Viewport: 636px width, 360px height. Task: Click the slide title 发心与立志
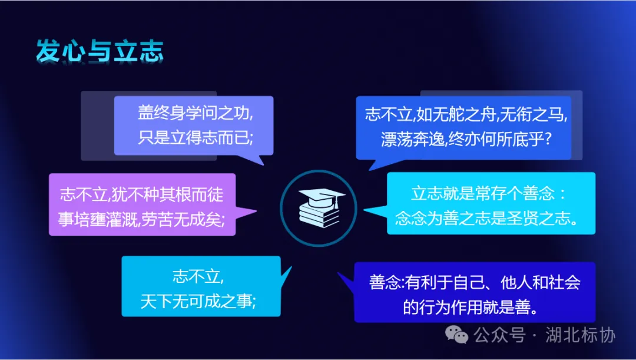coord(100,52)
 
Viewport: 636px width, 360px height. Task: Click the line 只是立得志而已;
coord(196,138)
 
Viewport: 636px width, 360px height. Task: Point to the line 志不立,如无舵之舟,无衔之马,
coord(466,114)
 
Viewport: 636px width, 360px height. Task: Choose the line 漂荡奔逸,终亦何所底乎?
coord(466,140)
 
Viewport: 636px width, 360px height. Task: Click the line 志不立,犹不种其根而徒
coord(141,194)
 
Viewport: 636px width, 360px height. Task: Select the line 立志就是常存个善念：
coord(488,194)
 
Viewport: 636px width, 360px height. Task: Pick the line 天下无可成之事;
coord(198,302)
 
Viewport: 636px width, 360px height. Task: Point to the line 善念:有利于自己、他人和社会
coord(475,282)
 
